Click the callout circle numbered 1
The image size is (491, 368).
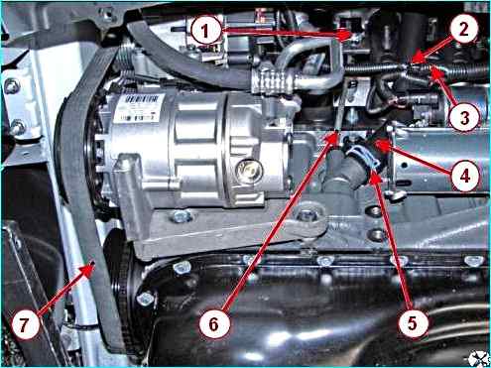[205, 31]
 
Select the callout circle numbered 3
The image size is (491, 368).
[464, 116]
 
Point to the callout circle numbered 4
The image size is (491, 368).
[465, 176]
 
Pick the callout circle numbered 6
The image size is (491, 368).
[214, 323]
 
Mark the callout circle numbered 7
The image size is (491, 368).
[25, 324]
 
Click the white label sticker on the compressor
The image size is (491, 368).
[139, 107]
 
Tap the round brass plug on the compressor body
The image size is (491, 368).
[250, 171]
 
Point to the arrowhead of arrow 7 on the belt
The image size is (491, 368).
[93, 264]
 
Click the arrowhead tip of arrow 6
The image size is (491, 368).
[336, 132]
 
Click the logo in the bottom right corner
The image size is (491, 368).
[479, 358]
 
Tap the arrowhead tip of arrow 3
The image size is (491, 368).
[430, 67]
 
